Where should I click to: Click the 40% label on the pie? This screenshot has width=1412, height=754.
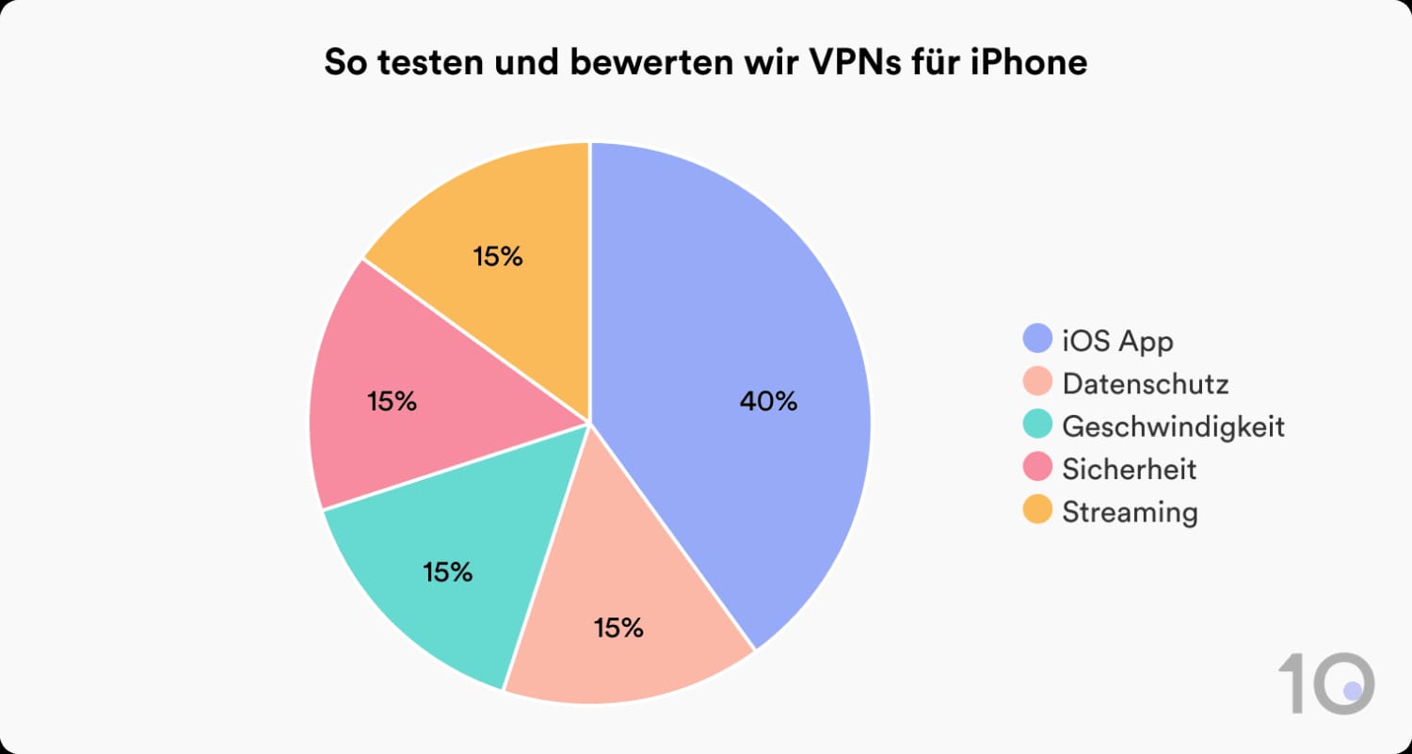768,402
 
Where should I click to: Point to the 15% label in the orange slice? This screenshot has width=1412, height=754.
498,257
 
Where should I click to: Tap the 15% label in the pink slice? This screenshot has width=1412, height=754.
392,402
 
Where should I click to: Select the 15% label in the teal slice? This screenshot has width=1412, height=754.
447,571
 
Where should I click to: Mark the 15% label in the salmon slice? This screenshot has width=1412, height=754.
618,628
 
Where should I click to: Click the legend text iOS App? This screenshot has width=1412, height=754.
1117,341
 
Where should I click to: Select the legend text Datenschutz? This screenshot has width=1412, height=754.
1145,384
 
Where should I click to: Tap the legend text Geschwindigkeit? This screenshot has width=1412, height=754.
1173,426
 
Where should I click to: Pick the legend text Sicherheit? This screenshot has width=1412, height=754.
1129,469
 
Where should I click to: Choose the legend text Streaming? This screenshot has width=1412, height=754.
1130,512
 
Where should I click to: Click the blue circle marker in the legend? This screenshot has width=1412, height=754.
1036,340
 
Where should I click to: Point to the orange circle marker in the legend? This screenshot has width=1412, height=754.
1036,511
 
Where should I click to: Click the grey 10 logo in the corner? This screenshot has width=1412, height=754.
1325,683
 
